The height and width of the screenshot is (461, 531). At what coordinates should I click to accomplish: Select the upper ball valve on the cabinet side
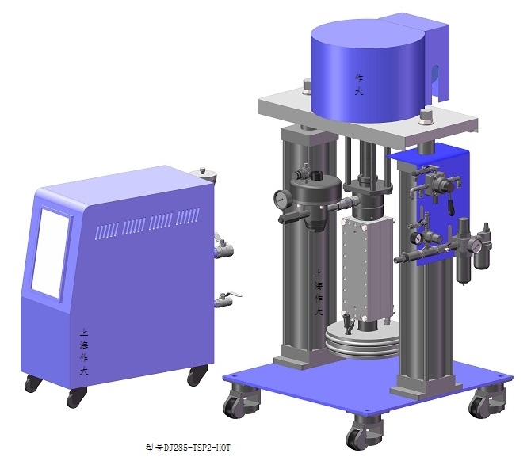223,248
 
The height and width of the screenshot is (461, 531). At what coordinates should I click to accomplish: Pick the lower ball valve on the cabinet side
226,299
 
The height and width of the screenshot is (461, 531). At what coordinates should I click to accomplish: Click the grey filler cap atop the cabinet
203,174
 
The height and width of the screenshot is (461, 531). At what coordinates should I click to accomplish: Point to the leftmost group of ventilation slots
106,230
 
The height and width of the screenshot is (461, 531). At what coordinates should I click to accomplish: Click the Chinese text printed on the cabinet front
84,352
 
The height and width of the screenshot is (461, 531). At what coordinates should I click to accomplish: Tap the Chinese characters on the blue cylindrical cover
359,85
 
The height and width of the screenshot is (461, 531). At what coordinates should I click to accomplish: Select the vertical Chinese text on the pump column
319,292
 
